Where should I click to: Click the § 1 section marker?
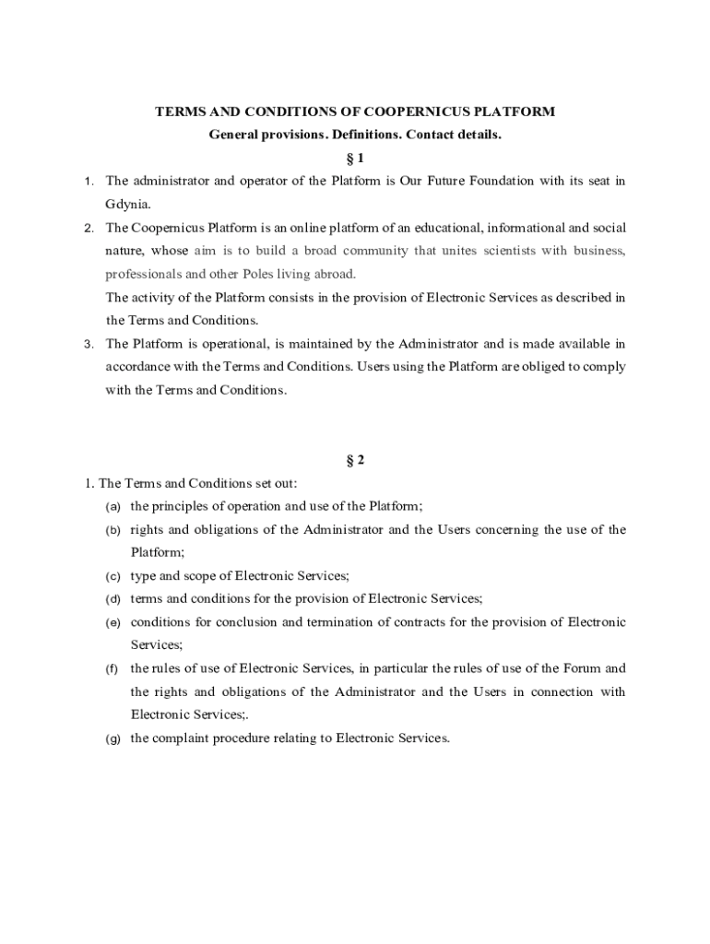[x=354, y=158]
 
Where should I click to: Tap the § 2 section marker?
[x=354, y=460]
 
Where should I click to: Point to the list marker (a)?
[x=113, y=507]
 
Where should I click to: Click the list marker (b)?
[x=113, y=530]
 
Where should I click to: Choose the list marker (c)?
[x=113, y=576]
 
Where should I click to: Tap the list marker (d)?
[x=113, y=599]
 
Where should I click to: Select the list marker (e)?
[x=113, y=622]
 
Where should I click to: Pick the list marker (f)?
[x=112, y=668]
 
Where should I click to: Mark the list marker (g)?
[x=113, y=738]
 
